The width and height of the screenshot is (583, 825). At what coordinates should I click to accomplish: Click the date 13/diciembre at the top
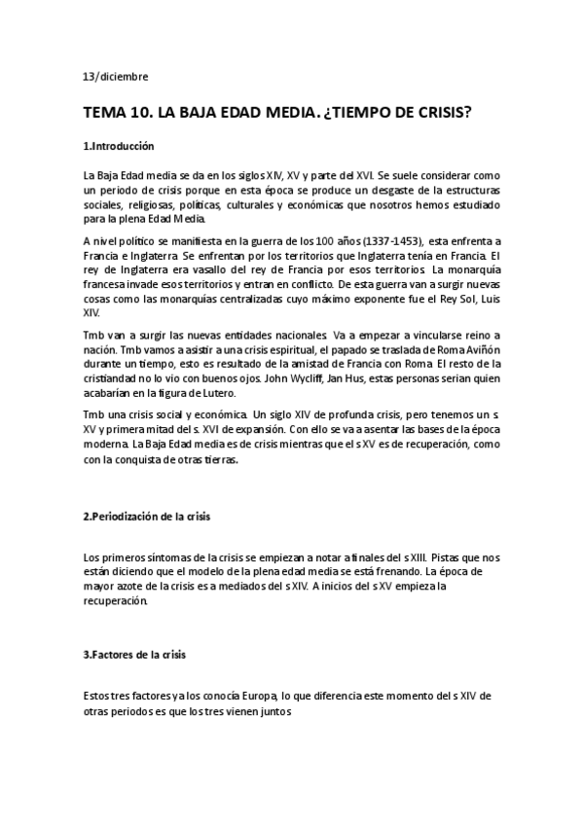pyautogui.click(x=116, y=76)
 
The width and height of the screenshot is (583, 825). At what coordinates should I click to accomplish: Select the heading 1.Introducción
pyautogui.click(x=119, y=146)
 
